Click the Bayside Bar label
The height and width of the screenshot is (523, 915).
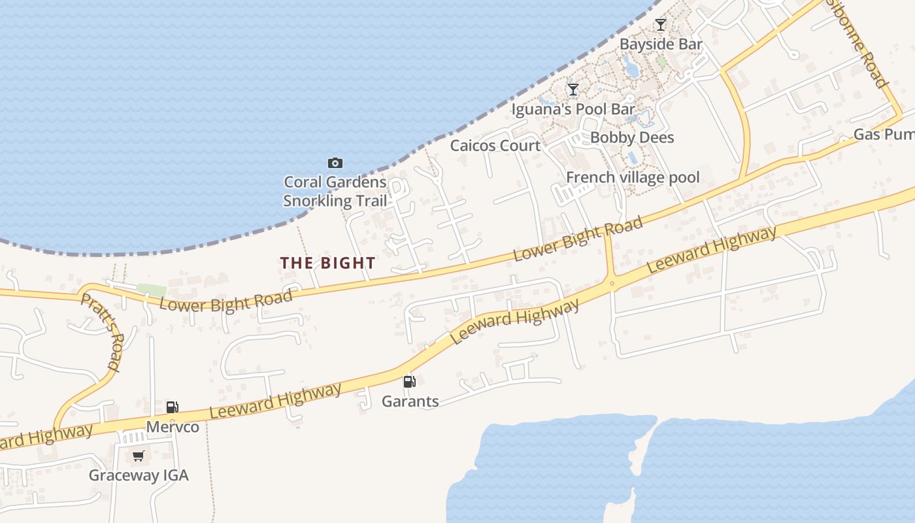click(x=661, y=44)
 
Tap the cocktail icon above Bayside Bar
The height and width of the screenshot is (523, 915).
click(x=661, y=25)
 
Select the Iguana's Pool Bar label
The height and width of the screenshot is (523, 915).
click(x=573, y=109)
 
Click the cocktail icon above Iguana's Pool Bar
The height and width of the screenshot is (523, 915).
click(x=573, y=89)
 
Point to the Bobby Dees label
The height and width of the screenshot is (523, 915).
click(x=632, y=137)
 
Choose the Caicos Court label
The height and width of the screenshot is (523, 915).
click(x=495, y=145)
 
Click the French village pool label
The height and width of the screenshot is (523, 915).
click(x=633, y=177)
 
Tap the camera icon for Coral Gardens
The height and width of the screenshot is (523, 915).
click(x=335, y=163)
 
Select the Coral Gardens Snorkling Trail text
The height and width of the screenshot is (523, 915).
click(x=335, y=192)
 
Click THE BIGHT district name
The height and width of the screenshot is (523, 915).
click(x=328, y=263)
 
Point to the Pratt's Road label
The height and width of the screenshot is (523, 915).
click(x=102, y=332)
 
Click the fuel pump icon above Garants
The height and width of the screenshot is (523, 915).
click(x=410, y=382)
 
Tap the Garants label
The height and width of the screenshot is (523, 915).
click(x=410, y=401)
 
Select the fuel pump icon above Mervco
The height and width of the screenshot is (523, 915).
click(x=172, y=407)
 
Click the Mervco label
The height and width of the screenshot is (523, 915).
click(x=173, y=427)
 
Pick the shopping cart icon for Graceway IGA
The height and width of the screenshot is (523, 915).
click(x=138, y=456)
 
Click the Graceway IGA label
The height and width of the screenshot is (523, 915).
click(x=139, y=475)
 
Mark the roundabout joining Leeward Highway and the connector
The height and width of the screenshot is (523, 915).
click(x=612, y=283)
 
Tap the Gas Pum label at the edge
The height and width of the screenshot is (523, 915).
click(x=884, y=135)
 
